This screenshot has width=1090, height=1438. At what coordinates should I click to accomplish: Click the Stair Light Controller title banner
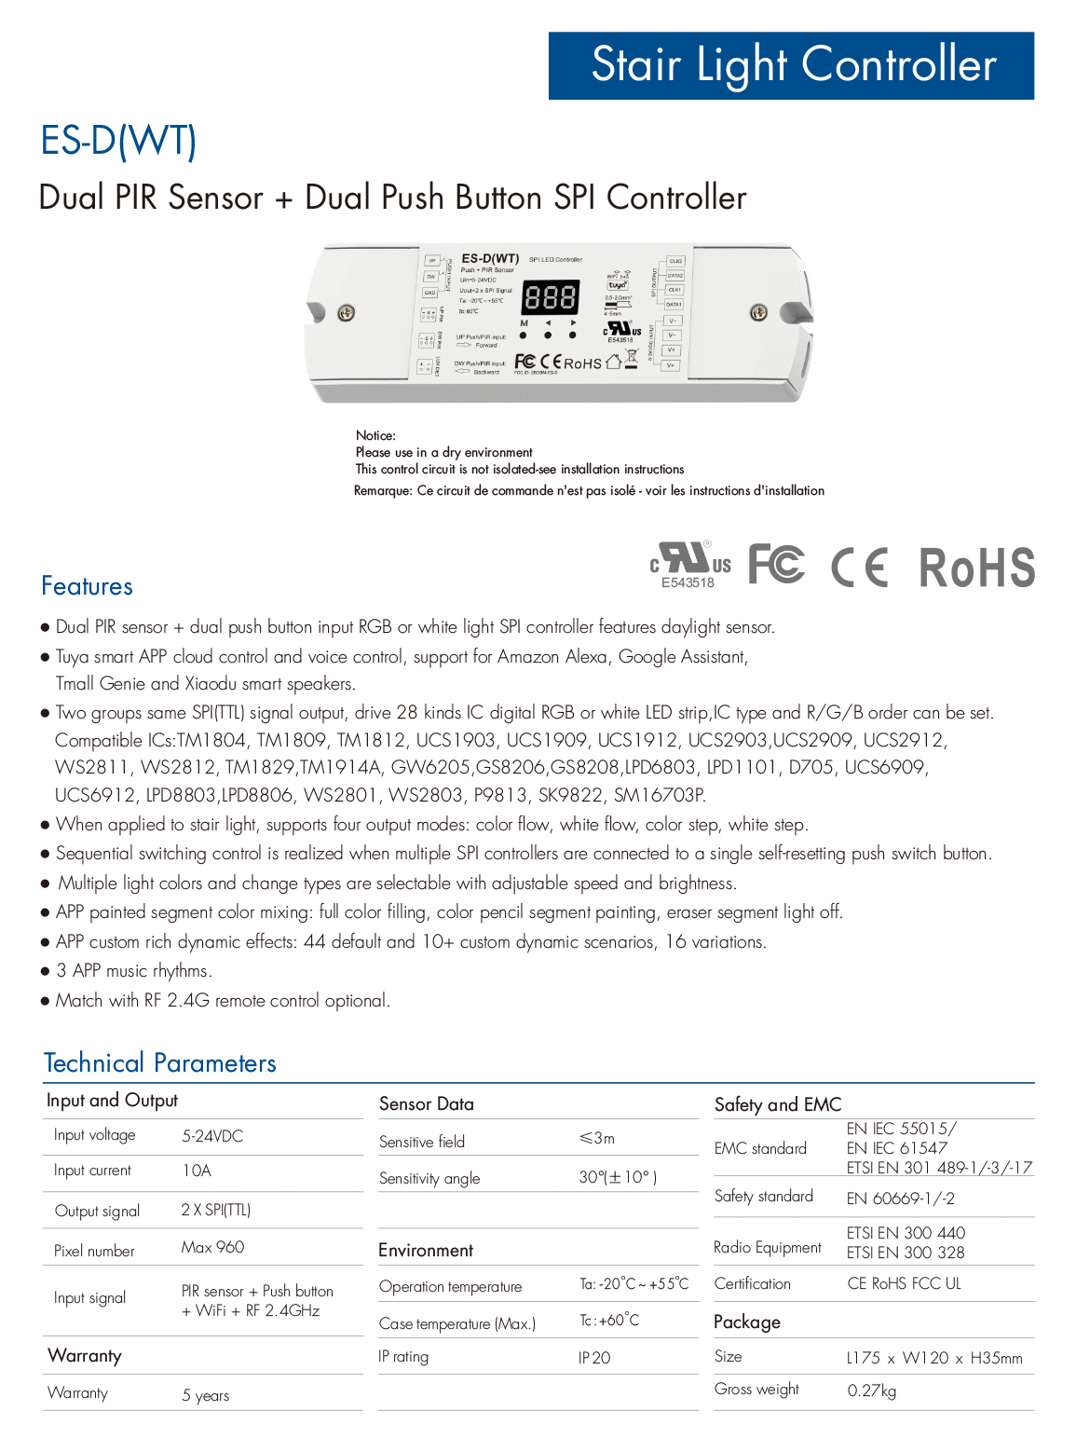tap(791, 65)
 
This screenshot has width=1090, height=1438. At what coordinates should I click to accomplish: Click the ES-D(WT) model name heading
tap(118, 141)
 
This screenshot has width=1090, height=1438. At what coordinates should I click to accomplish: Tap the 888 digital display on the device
tap(550, 298)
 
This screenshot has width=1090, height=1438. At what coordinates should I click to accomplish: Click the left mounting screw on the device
tap(346, 313)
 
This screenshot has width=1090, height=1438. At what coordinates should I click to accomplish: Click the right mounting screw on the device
tap(758, 313)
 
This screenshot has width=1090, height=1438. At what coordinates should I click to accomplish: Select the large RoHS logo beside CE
tap(976, 568)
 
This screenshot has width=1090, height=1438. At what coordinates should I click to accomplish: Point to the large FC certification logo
tap(776, 565)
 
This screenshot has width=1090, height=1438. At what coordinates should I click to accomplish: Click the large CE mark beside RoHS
tap(859, 567)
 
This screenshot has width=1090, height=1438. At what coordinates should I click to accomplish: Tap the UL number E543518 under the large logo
tap(688, 583)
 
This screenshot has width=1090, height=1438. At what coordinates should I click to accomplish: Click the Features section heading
tap(87, 586)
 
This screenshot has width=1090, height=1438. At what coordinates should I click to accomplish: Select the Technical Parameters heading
tap(159, 1063)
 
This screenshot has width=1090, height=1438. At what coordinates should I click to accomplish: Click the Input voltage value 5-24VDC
tap(212, 1136)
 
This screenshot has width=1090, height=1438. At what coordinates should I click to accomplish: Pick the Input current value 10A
tap(197, 1171)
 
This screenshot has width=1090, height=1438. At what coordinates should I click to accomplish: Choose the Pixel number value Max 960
tap(212, 1247)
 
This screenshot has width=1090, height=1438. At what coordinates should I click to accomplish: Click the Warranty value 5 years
tap(205, 1395)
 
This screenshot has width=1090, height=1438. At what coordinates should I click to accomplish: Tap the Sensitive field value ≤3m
tap(597, 1138)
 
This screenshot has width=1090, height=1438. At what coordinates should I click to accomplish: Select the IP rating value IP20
tap(594, 1358)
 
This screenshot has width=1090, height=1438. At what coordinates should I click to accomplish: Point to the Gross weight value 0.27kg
tap(872, 1390)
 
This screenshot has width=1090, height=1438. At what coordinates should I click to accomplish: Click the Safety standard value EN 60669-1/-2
tap(900, 1198)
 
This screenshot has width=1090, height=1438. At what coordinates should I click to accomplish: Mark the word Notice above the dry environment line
tap(375, 435)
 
